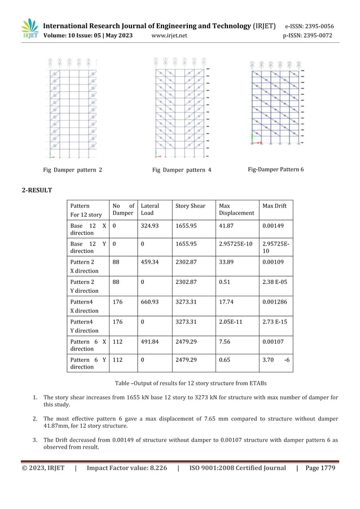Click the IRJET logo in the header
tap(30, 29)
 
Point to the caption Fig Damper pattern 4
tap(182, 169)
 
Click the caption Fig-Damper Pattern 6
tap(276, 169)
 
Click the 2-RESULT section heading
tap(37, 190)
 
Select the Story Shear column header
tap(190, 206)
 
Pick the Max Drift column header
tap(275, 206)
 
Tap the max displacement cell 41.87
tap(226, 225)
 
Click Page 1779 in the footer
tap(321, 468)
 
